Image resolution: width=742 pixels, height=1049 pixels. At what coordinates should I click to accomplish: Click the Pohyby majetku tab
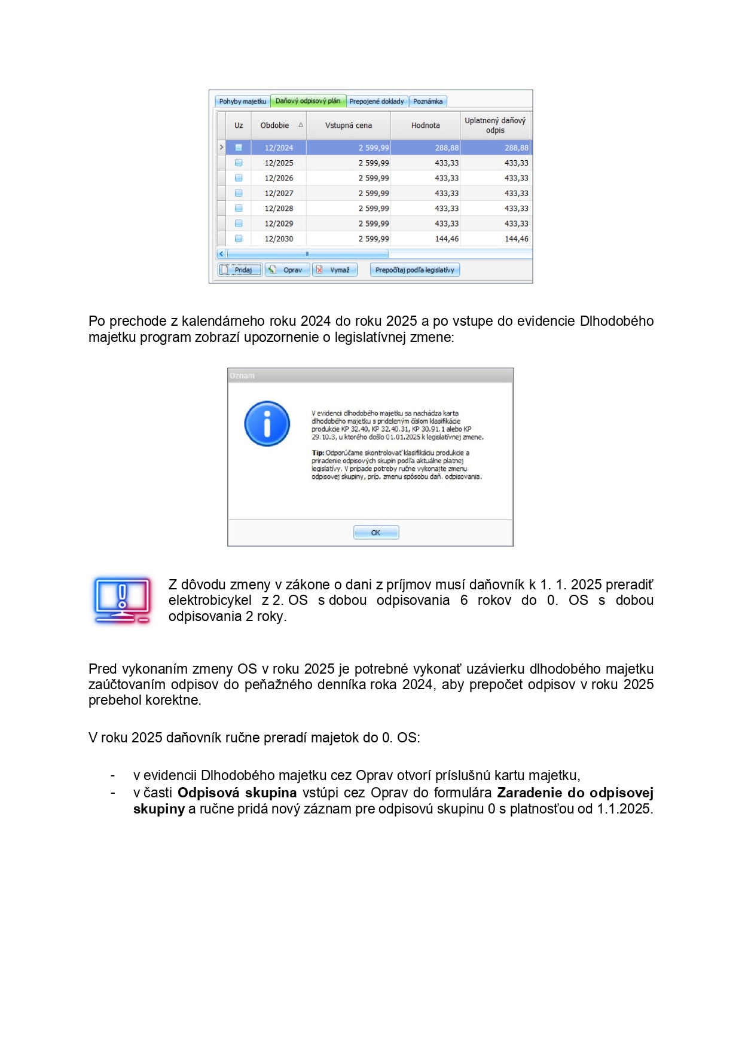242,102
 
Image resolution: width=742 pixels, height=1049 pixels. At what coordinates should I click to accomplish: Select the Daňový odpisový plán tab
308,101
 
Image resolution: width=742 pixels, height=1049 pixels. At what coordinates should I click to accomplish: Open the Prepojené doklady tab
377,102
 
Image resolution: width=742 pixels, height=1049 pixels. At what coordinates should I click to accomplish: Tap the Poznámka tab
428,102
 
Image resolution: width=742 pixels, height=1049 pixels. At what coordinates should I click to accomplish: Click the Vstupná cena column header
348,126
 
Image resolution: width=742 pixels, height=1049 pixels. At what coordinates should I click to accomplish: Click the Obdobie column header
275,126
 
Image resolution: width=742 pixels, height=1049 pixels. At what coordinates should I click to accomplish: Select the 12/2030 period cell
279,239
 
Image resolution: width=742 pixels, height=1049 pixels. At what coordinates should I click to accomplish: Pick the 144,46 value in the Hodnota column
447,239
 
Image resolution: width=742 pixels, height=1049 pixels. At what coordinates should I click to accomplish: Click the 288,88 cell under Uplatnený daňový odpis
516,148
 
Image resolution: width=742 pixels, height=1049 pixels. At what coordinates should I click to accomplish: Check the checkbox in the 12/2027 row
239,194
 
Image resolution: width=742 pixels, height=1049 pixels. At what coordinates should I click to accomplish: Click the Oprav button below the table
288,270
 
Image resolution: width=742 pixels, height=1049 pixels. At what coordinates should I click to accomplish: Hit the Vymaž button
335,270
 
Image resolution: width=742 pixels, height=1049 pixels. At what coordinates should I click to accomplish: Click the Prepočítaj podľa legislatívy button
415,270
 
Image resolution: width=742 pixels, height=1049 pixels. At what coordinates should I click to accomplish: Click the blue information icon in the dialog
267,424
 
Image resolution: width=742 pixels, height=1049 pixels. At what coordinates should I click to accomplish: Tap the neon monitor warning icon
122,600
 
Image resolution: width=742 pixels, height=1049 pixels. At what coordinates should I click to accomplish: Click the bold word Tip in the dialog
317,453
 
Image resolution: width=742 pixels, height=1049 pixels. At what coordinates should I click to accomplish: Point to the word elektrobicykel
210,601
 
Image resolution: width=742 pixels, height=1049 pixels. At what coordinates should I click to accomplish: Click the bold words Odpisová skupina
237,793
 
